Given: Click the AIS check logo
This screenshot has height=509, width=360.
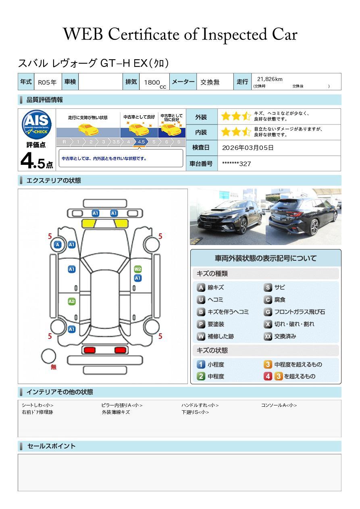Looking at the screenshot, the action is [37, 125].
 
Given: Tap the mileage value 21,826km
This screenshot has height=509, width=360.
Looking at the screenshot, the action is [270, 79].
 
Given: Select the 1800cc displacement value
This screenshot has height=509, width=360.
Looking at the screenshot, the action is [155, 83].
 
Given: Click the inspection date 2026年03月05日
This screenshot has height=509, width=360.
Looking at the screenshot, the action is [248, 148].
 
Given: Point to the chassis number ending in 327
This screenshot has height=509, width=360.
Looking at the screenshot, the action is [236, 164].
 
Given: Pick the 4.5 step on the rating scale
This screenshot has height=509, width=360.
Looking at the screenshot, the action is [141, 142].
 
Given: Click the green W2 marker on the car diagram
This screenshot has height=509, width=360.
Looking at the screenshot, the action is [138, 269].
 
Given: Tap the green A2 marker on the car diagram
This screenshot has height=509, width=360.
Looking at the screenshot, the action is [72, 301].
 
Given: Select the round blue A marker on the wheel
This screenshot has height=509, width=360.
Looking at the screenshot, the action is [58, 245].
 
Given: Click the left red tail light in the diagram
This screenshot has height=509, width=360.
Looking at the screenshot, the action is [89, 350].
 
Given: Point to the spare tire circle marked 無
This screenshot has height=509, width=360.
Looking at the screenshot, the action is [48, 356].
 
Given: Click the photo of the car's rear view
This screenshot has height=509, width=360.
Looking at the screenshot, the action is [304, 217].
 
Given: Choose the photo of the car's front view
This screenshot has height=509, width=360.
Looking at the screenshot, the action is [228, 217].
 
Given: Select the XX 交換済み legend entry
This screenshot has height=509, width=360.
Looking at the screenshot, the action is [280, 336].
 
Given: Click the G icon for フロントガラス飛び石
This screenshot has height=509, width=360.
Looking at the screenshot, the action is [268, 312].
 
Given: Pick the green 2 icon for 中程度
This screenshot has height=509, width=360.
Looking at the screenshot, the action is [201, 376].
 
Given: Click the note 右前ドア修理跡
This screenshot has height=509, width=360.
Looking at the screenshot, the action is [37, 412].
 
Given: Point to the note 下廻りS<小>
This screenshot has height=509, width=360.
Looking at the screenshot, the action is [195, 412].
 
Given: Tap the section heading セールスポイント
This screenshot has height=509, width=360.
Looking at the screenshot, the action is [51, 446].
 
